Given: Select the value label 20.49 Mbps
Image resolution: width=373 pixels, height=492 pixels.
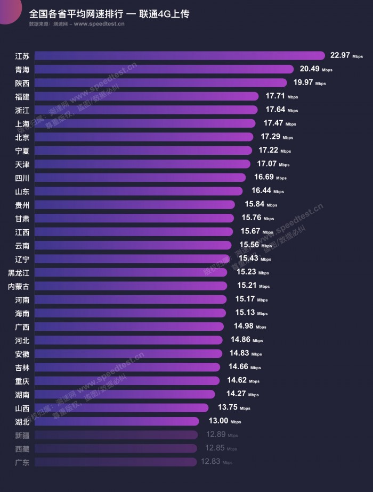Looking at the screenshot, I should pos(316,69).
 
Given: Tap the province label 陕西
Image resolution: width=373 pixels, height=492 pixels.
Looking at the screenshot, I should pos(22,83).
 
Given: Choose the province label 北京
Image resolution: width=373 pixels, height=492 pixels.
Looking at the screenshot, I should pos(22,137).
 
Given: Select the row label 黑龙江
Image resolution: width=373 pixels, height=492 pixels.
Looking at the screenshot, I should pos(19,272).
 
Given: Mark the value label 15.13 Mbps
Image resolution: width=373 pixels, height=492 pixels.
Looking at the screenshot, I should pos(253,313).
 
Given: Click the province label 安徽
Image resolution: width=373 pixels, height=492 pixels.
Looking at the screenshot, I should pos(22,354).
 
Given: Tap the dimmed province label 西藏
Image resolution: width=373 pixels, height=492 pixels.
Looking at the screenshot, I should pos(22,448).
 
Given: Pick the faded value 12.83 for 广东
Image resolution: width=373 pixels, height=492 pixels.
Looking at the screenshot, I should pos(210,462).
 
